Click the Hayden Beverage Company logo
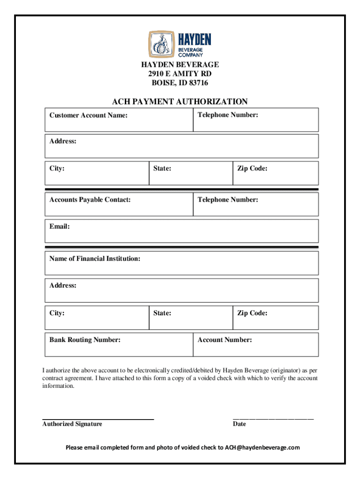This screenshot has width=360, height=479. tap(180, 44)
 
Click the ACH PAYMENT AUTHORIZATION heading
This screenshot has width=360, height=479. tap(180, 102)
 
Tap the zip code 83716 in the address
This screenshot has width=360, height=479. tap(198, 83)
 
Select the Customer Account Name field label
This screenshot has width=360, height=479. tap(88, 115)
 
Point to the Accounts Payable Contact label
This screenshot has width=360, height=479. tap(90, 200)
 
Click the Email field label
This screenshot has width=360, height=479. tap(59, 226)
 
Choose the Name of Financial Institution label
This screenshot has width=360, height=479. tap(95, 258)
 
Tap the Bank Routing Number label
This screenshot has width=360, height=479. tap(85, 340)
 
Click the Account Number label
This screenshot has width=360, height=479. tap(224, 340)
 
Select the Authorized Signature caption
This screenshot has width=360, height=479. tap(72, 424)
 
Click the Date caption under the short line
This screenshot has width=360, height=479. tap(239, 424)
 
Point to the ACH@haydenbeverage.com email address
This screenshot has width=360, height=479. tap(262, 448)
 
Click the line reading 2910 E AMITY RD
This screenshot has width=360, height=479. tap(180, 74)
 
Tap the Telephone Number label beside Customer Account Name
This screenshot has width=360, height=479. tap(228, 115)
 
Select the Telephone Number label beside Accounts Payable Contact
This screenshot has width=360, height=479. tap(228, 200)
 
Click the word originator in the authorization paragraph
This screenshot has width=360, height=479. tap(293, 370)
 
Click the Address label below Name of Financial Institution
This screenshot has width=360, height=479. tap(63, 285)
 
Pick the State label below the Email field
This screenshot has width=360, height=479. tap(162, 313)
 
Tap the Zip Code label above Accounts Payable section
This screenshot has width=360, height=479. tap(252, 168)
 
